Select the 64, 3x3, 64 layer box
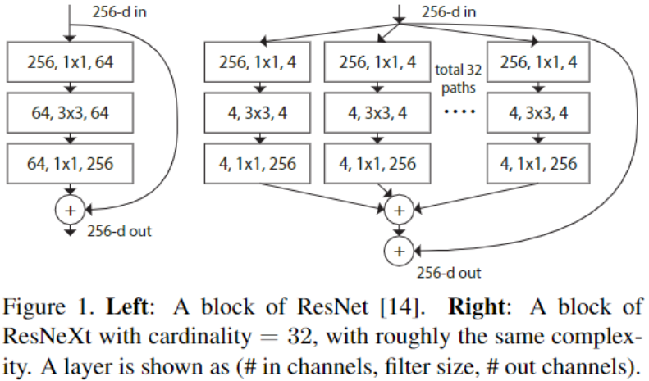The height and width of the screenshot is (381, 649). tap(69, 111)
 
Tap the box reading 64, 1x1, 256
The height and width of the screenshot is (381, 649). tap(69, 164)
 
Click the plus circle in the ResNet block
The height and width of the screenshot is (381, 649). tap(69, 211)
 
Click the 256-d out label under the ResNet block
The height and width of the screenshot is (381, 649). tap(119, 230)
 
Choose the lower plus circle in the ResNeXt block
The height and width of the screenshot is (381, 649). tap(398, 247)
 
